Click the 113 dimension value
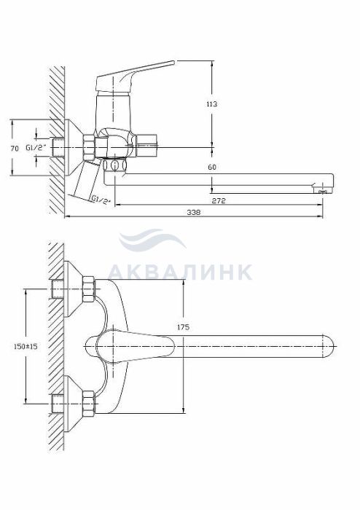tap(212, 104)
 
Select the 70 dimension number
tap(15, 149)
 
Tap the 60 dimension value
tap(212, 167)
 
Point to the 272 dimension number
tap(219, 200)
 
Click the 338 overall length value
tap(194, 213)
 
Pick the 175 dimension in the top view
tap(184, 328)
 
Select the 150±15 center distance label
tap(26, 346)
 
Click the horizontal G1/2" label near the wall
tap(36, 148)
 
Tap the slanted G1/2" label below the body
tap(100, 199)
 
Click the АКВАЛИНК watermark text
tap(180, 272)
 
